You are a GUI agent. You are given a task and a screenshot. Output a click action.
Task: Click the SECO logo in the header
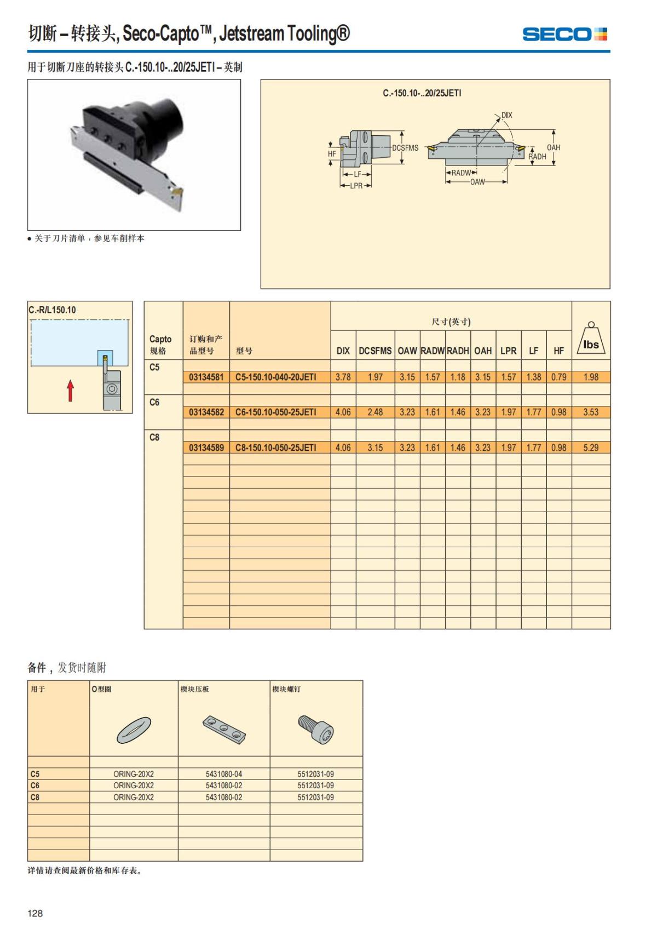[564, 35]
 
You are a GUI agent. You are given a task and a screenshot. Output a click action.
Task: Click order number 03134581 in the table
[206, 377]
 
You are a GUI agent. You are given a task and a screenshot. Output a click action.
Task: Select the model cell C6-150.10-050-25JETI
[275, 412]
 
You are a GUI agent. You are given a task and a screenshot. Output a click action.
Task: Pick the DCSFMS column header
[375, 351]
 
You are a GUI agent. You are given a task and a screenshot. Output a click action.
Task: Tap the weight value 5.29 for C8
[591, 448]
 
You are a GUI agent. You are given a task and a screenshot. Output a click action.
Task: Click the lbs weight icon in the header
[591, 340]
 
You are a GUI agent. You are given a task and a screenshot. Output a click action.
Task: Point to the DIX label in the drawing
[507, 115]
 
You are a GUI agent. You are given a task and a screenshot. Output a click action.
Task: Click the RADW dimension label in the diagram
[461, 173]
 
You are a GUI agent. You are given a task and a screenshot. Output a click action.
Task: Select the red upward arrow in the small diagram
[71, 390]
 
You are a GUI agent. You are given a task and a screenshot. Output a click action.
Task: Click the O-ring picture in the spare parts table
[133, 730]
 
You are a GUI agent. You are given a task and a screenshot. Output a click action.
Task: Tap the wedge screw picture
[316, 729]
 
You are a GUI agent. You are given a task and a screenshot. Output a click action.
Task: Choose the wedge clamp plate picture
[224, 730]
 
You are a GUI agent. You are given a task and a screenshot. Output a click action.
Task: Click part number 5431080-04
[224, 774]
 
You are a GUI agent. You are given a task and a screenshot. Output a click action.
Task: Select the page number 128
[35, 913]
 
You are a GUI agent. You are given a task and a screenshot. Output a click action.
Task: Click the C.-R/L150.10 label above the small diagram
[53, 309]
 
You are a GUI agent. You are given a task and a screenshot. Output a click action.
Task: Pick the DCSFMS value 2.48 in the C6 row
[375, 412]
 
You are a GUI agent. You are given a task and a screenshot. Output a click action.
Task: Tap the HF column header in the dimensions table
[558, 351]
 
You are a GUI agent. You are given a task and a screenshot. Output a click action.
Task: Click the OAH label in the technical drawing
[554, 147]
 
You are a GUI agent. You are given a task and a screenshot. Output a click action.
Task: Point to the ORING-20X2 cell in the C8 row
[134, 797]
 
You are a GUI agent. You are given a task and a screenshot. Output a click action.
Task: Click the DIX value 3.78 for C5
[343, 377]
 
